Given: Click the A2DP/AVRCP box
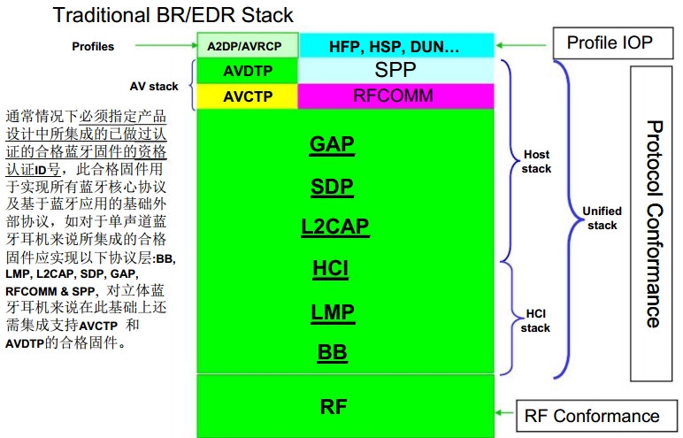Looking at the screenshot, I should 248,45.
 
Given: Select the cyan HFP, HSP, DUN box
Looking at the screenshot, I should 394,45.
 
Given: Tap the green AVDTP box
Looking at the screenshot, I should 248,71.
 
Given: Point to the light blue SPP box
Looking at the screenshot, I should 395,71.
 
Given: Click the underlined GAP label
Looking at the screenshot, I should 333,145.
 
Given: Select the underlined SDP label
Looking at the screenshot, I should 333,187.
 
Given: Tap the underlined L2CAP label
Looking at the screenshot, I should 334,227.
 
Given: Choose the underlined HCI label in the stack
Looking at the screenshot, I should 331,268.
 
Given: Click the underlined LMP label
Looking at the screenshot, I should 333,311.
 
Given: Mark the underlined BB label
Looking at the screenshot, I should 333,352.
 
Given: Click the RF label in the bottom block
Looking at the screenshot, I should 334,406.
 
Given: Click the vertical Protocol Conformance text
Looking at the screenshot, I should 653,223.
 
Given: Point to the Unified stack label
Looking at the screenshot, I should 602,218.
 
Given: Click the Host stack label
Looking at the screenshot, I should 536,162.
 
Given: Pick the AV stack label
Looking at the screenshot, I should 154,86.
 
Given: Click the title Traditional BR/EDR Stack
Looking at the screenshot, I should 173,15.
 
